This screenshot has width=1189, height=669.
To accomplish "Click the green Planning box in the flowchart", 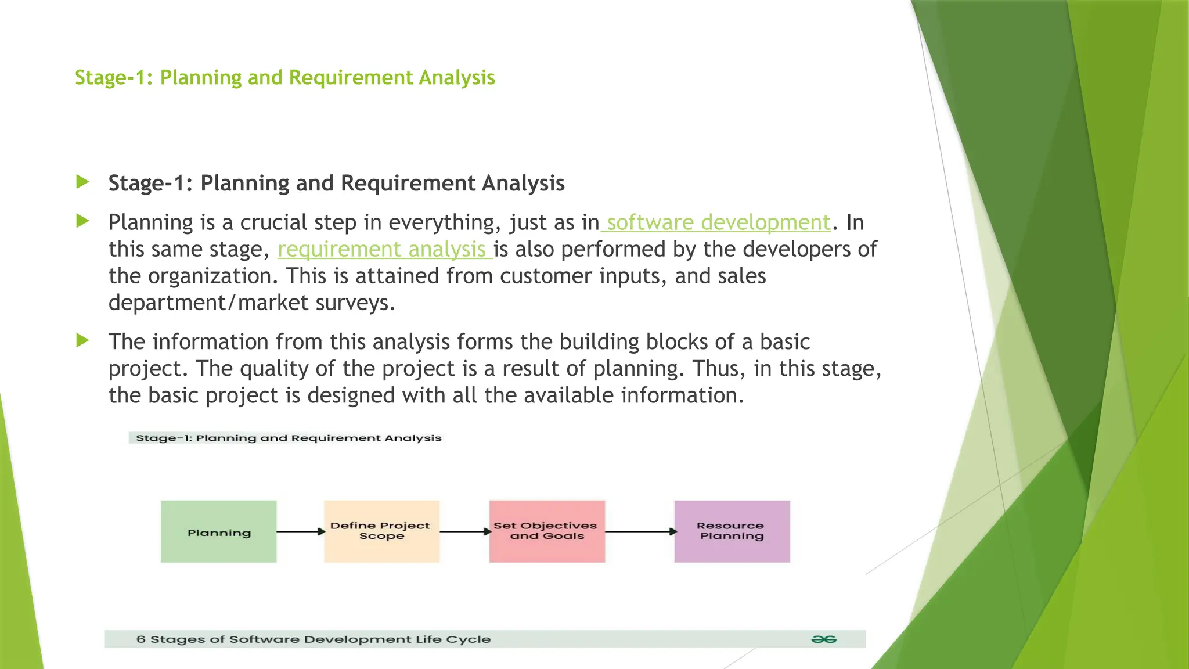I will coord(218,531).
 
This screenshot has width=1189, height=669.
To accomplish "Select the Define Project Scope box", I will coord(381,531).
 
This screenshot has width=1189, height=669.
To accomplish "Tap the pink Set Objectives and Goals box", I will coord(547,531).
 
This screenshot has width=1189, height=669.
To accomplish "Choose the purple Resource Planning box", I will coord(732,531).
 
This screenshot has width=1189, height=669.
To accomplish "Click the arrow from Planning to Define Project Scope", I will coord(300,531).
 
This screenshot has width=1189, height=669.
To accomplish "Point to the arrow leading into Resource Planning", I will coord(640,531).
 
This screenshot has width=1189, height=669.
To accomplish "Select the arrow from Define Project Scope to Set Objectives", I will coord(465,531).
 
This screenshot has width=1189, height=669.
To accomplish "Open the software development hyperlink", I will coord(718,222).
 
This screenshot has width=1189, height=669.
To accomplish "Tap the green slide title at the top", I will coord(284,77).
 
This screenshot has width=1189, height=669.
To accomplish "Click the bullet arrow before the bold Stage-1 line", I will coord(82,182).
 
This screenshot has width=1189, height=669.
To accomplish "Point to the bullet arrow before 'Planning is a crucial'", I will coord(82,221).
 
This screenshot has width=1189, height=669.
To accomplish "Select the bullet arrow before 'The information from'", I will coord(82,340).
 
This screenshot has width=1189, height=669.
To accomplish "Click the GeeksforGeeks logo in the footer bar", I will coord(823,639).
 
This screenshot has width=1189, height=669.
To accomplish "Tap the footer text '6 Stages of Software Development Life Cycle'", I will coord(314,639).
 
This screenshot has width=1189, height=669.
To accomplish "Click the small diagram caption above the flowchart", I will coord(289,438).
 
